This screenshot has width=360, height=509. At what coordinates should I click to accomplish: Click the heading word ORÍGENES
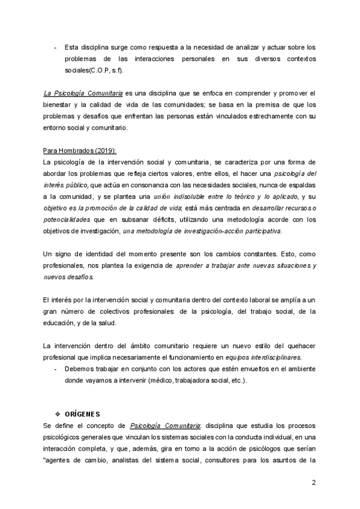[x=83, y=414]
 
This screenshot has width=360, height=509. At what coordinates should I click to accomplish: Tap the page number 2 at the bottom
[x=313, y=483]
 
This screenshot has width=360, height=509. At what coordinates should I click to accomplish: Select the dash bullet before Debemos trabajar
[x=56, y=369]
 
